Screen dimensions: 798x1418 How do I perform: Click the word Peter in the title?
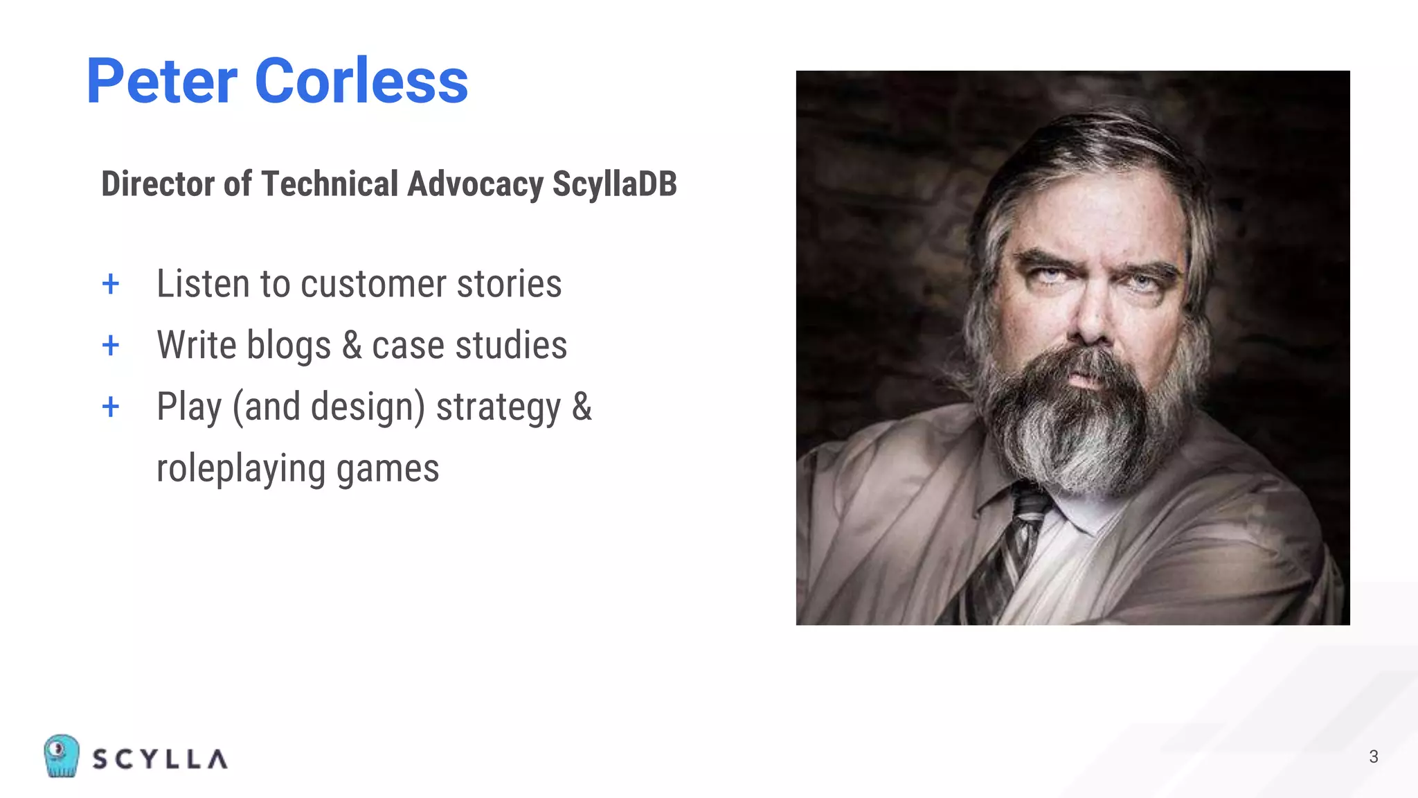pyautogui.click(x=162, y=82)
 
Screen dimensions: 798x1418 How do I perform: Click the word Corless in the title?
pyautogui.click(x=361, y=82)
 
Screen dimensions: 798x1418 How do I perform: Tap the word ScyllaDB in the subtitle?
pyautogui.click(x=614, y=184)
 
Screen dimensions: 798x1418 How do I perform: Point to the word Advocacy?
pyautogui.click(x=475, y=184)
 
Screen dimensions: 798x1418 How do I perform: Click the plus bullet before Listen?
pyautogui.click(x=111, y=284)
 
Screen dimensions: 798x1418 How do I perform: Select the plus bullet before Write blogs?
pyautogui.click(x=111, y=345)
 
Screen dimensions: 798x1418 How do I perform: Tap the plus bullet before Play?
pyautogui.click(x=111, y=407)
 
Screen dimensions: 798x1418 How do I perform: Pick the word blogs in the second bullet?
pyautogui.click(x=289, y=346)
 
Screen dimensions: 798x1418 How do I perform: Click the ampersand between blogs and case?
pyautogui.click(x=352, y=346)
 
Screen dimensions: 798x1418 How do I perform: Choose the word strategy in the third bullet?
pyautogui.click(x=498, y=407)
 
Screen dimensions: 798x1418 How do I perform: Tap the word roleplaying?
pyautogui.click(x=240, y=469)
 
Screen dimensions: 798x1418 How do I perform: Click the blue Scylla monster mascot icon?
pyautogui.click(x=62, y=756)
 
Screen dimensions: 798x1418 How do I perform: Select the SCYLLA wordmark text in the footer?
pyautogui.click(x=160, y=759)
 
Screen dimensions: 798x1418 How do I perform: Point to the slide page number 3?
pyautogui.click(x=1374, y=756)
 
